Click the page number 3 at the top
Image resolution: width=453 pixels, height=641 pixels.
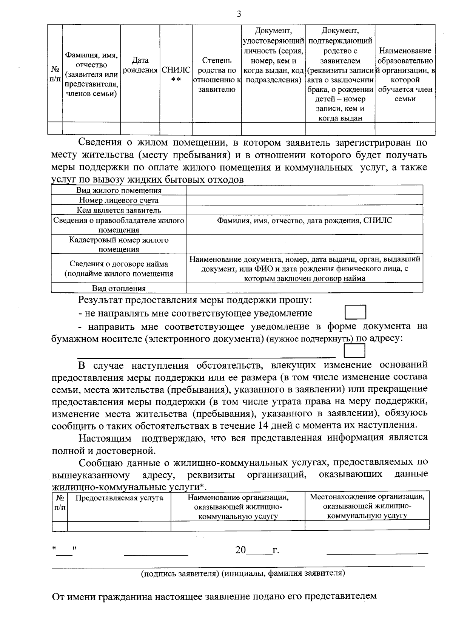click(x=238, y=14)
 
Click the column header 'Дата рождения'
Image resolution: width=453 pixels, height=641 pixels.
click(x=140, y=65)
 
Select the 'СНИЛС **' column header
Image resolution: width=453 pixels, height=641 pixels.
click(x=176, y=75)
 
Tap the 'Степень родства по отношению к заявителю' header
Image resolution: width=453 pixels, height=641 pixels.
click(x=217, y=75)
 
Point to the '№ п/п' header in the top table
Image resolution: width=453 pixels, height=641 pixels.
click(x=55, y=74)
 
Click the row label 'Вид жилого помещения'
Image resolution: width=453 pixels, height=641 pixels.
click(x=119, y=191)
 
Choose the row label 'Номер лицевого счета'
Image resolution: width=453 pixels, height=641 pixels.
click(x=119, y=201)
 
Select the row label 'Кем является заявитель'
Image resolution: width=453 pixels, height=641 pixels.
click(x=119, y=210)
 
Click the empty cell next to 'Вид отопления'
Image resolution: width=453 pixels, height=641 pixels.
click(x=304, y=288)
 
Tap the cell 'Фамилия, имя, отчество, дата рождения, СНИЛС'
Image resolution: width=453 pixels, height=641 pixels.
click(x=304, y=221)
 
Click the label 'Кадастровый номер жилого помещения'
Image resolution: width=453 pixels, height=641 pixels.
click(x=119, y=244)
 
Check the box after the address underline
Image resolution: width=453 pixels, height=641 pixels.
click(x=355, y=352)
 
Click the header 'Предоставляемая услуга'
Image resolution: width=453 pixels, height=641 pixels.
click(x=119, y=498)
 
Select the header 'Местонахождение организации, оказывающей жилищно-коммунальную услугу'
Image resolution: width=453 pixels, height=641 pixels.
click(x=367, y=506)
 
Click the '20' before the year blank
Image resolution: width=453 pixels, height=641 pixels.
click(x=240, y=550)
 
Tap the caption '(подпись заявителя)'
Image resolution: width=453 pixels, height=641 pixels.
click(x=180, y=573)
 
